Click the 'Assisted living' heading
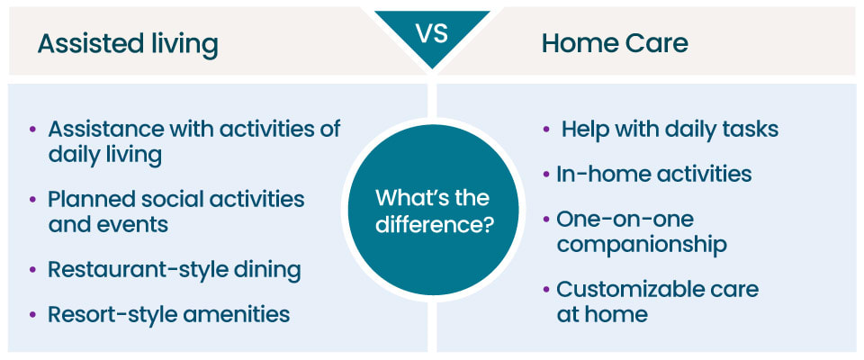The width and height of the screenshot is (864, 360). tap(127, 43)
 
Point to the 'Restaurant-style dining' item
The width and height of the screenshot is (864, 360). tap(174, 269)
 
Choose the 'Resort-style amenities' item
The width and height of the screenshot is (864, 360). tap(168, 313)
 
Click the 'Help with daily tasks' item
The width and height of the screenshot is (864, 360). tap(670, 129)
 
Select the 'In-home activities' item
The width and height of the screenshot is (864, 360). tap(653, 173)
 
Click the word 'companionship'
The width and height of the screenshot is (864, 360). tap(641, 243)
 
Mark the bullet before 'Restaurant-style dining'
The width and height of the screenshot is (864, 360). tap(33, 270)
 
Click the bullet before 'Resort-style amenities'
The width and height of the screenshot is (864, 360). tap(33, 314)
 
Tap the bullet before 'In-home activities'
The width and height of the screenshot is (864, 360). tap(546, 174)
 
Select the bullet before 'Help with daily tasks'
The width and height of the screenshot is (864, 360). tap(546, 130)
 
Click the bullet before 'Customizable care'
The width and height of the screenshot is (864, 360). tap(546, 290)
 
